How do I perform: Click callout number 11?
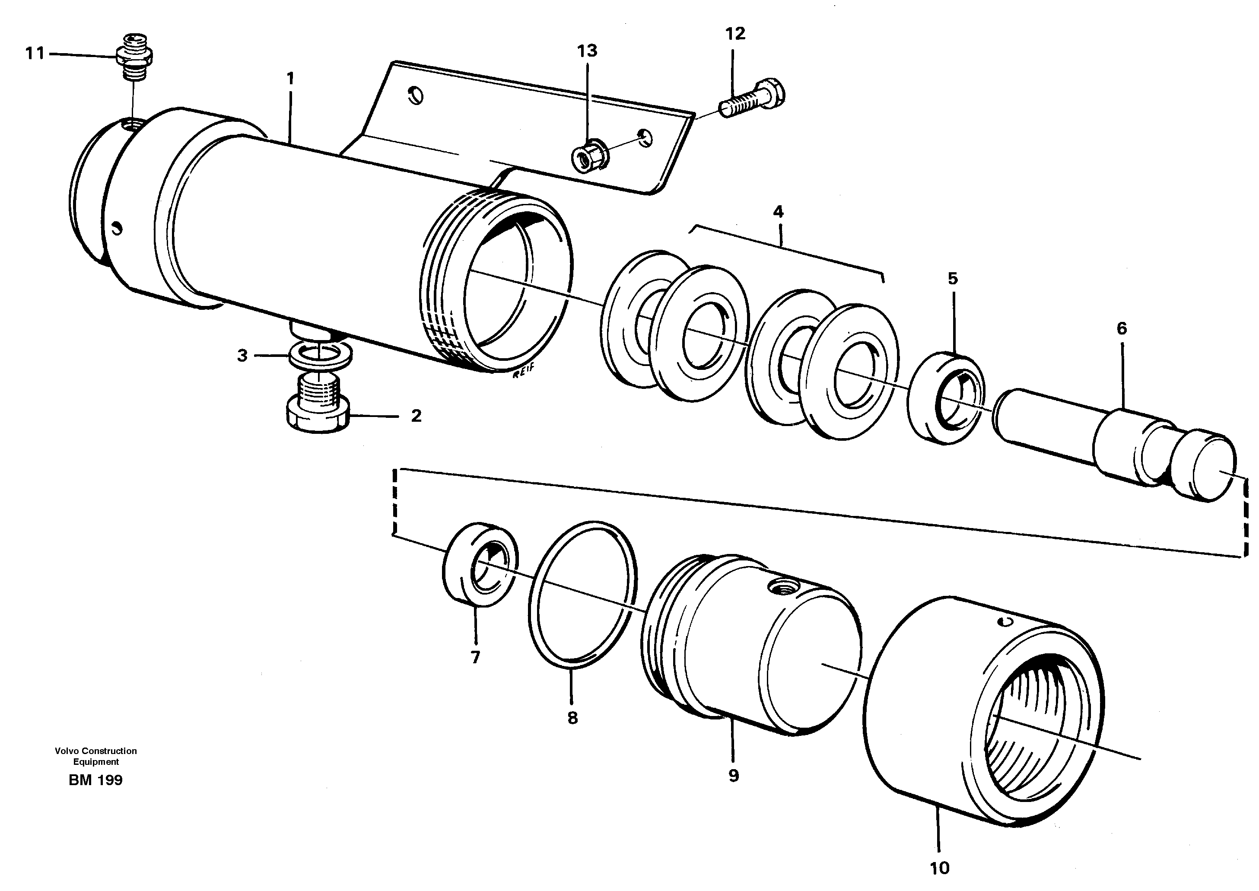(35, 54)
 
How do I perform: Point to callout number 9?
(734, 776)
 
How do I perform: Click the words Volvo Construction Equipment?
(95, 756)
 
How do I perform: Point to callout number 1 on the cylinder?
(290, 79)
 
